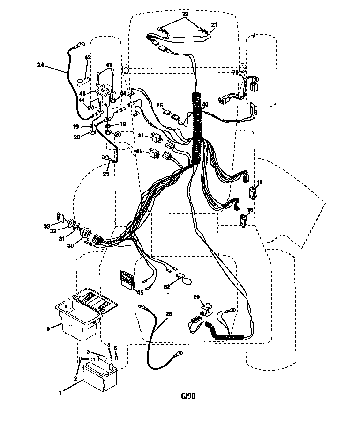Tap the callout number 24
[41, 66]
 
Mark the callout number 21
[215, 24]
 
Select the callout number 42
[87, 57]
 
